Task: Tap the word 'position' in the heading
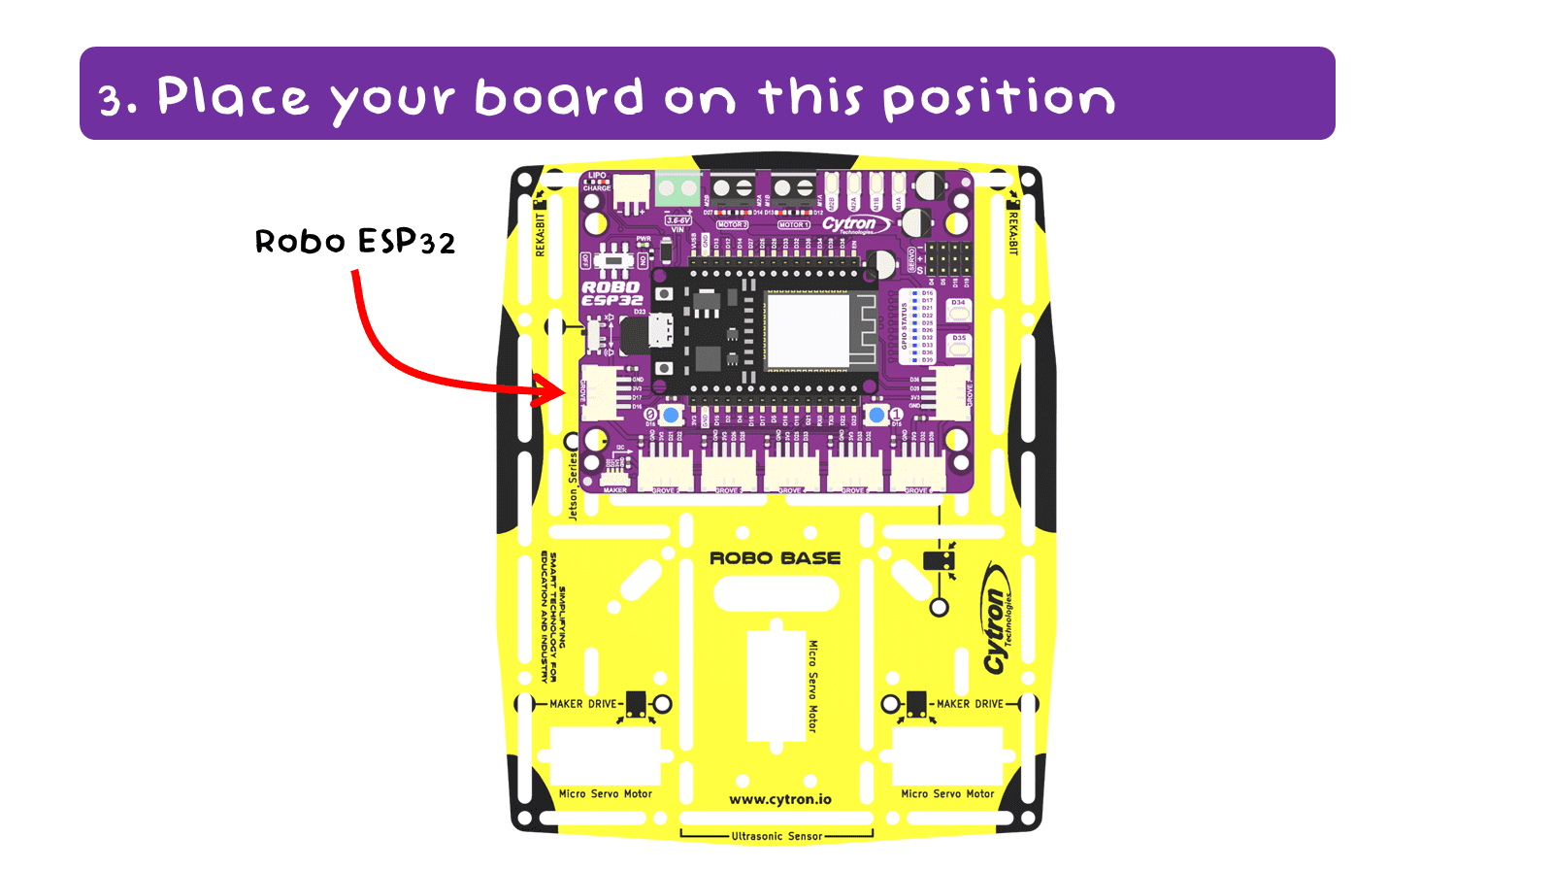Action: coord(999,99)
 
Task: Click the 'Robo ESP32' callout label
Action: coord(354,242)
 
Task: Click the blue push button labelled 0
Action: coord(671,416)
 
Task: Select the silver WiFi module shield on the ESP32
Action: coord(808,330)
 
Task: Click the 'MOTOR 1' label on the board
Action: coord(793,224)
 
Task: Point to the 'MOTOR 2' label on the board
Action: coord(732,224)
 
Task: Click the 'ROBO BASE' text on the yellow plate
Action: coord(775,558)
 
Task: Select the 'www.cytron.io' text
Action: coord(780,799)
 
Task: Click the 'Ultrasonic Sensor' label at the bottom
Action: coord(776,836)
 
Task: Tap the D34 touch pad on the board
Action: coord(958,309)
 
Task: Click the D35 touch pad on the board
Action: coord(958,344)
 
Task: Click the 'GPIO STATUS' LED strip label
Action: coord(905,326)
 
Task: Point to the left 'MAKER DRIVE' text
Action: coord(582,704)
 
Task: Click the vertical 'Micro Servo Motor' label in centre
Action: coord(813,686)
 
